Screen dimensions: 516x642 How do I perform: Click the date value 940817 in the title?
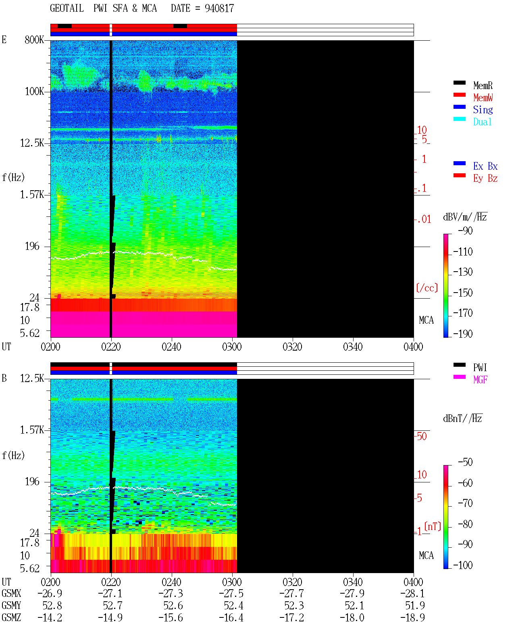[x=219, y=8]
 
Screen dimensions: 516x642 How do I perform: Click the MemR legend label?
[x=483, y=85]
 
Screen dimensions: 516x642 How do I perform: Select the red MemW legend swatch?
[x=459, y=95]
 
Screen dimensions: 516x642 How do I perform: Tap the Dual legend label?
[x=482, y=122]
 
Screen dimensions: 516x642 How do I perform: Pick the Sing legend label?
[x=483, y=110]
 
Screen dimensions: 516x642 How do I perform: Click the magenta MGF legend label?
[x=480, y=380]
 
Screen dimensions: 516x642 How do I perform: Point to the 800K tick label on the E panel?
[x=34, y=39]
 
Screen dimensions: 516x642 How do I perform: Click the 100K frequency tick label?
[x=34, y=91]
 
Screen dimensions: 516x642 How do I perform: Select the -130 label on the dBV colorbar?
[x=463, y=272]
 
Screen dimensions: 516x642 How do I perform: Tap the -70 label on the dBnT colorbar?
[x=465, y=503]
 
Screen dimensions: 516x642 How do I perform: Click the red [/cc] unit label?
[x=427, y=288]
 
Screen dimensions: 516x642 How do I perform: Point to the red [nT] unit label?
[x=433, y=526]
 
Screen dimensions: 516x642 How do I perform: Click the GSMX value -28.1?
[x=412, y=593]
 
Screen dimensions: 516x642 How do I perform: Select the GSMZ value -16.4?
[x=231, y=617]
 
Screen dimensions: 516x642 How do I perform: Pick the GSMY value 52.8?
[x=52, y=606]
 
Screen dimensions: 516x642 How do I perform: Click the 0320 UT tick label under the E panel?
[x=292, y=347]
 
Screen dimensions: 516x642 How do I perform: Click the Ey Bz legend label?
[x=485, y=179]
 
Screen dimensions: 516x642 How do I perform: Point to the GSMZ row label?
[x=11, y=617]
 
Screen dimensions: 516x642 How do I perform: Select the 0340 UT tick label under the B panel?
[x=353, y=582]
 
